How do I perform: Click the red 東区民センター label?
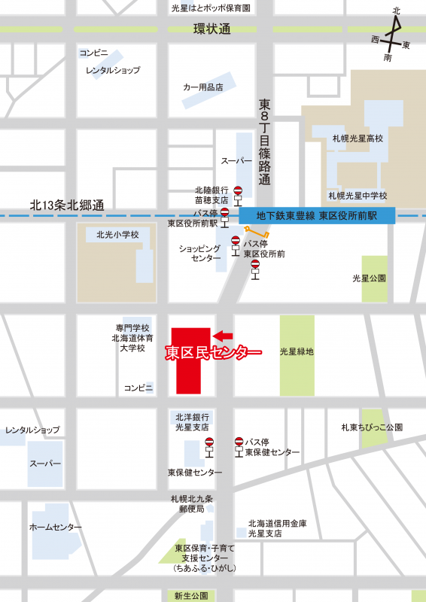213,352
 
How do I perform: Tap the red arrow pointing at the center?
224,335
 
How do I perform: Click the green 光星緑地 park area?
297,354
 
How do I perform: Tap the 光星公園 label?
369,278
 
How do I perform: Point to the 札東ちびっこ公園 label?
371,427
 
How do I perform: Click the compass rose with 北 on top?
394,35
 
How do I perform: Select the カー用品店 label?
203,87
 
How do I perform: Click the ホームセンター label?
52,528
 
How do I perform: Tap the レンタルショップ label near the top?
113,70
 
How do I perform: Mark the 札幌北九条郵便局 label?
192,503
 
